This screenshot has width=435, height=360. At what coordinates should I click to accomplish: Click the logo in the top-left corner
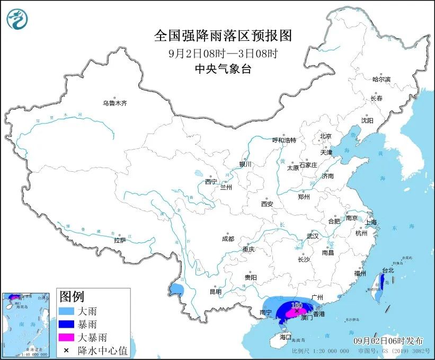pyautogui.click(x=17, y=19)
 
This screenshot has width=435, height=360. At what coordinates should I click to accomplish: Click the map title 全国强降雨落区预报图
pyautogui.click(x=223, y=36)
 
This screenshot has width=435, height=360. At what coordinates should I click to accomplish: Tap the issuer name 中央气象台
pyautogui.click(x=223, y=68)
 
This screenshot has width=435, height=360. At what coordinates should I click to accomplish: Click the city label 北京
pyautogui.click(x=325, y=136)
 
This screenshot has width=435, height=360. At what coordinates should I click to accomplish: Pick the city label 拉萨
pyautogui.click(x=120, y=240)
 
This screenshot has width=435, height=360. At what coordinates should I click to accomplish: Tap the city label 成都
pyautogui.click(x=228, y=239)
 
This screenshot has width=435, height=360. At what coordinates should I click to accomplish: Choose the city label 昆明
pyautogui.click(x=215, y=291)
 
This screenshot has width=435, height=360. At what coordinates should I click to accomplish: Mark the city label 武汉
pyautogui.click(x=313, y=236)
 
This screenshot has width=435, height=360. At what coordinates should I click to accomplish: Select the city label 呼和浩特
pyautogui.click(x=284, y=141)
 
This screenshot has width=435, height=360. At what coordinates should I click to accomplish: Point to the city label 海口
pyautogui.click(x=286, y=337)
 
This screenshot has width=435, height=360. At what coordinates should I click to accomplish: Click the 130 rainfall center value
pyautogui.click(x=297, y=305)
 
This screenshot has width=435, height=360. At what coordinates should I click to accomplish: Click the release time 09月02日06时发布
pyautogui.click(x=388, y=341)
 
